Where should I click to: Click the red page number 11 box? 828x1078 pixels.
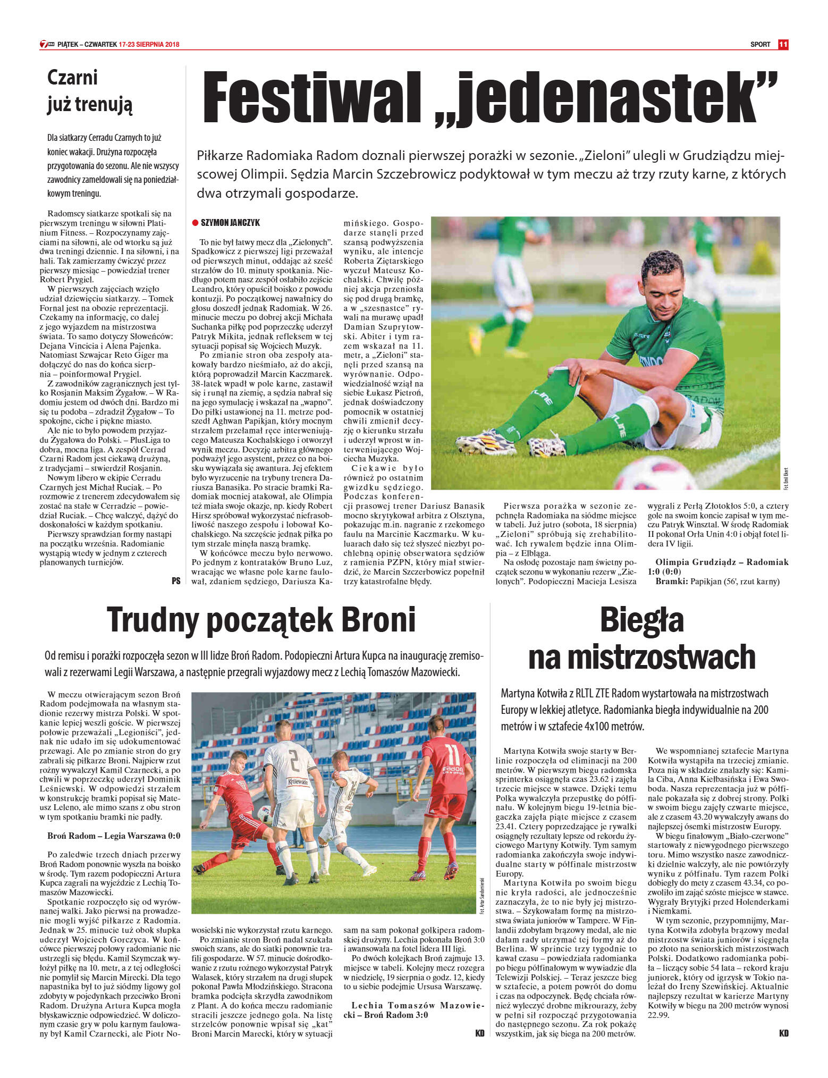(782, 45)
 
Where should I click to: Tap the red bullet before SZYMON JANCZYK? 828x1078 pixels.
(195, 223)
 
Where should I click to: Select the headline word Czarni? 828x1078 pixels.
(72, 78)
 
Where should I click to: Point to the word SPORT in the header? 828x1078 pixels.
(760, 45)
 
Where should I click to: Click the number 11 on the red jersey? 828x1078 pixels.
(452, 755)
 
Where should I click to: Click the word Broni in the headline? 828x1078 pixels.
(378, 620)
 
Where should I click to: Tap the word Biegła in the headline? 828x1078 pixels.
(641, 620)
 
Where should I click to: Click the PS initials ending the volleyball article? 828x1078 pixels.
(176, 581)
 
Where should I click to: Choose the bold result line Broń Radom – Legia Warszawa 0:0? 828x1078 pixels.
(114, 836)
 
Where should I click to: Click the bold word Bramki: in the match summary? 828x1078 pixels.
(671, 582)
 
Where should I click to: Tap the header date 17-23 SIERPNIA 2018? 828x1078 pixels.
(149, 45)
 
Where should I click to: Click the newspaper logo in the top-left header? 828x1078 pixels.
(47, 45)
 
